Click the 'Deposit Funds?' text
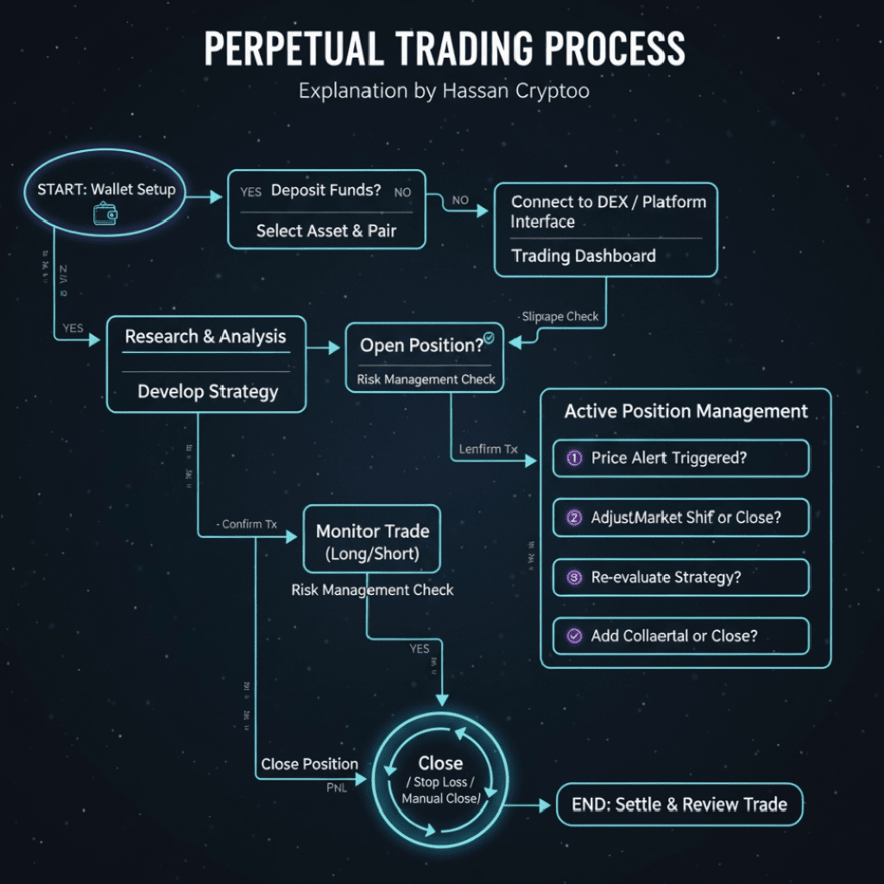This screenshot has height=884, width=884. click(325, 190)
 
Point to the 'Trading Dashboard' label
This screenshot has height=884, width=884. click(583, 256)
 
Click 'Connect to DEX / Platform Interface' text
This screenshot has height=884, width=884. click(607, 212)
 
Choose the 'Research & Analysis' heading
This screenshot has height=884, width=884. click(205, 337)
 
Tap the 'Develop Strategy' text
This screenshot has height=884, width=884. click(207, 391)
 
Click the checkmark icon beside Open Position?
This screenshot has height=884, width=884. click(489, 339)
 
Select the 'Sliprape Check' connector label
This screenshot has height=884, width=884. click(560, 316)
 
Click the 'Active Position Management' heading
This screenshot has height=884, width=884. click(685, 412)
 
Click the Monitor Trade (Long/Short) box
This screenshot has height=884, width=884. click(372, 541)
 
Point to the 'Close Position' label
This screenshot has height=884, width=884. click(309, 764)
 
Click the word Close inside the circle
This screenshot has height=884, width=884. click(440, 763)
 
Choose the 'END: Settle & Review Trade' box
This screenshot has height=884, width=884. click(679, 805)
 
